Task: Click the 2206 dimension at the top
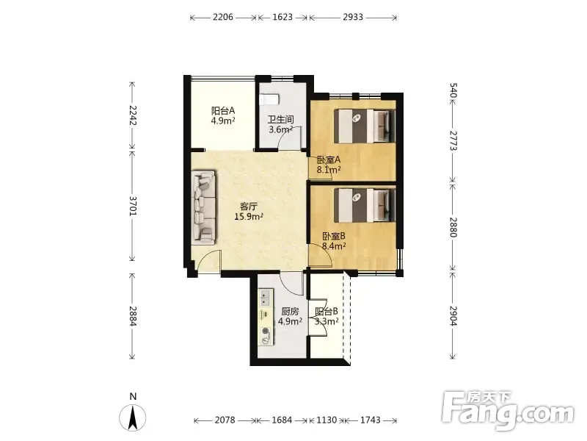tap(223, 17)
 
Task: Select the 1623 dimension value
tap(282, 17)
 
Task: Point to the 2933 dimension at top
tap(353, 17)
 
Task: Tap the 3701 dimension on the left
tap(133, 206)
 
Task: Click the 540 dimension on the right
tap(453, 90)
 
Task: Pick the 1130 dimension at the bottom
tap(327, 420)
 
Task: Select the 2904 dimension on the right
tap(453, 316)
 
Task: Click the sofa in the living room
tap(204, 207)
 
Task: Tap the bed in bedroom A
tap(364, 126)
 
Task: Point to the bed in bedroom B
tap(364, 205)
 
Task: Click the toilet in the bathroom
tap(269, 99)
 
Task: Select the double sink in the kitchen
tap(266, 297)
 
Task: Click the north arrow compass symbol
tap(133, 417)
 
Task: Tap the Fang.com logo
tap(508, 411)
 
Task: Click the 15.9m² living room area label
tap(249, 217)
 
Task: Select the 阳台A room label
tap(223, 111)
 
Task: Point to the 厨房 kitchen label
tap(290, 312)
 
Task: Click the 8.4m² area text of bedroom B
tap(334, 246)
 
